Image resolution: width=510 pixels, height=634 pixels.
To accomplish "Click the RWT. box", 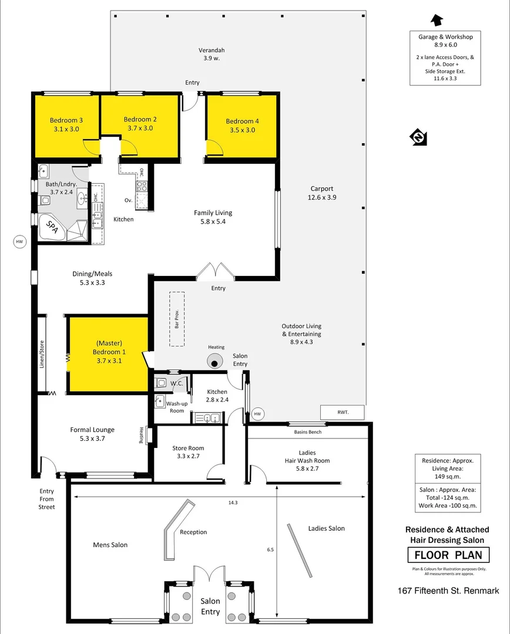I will pos(343,413).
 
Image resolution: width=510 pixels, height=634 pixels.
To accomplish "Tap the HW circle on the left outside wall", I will pos(19,241).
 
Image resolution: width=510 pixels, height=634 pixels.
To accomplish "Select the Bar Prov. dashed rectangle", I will pos(176,319).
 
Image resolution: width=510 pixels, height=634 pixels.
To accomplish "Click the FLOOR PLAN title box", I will pos(448,555).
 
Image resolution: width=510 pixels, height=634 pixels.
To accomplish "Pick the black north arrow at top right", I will pos(437,21).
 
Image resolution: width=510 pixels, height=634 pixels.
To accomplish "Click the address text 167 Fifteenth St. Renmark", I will pos(448,591).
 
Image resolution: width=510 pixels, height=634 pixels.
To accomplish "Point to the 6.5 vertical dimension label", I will pos(270,549).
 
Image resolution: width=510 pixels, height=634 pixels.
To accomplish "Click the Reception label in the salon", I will pos(193,532).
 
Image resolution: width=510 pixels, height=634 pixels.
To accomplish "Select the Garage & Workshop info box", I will pos(445,58).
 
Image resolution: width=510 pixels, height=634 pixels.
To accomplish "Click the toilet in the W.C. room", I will pos(162,383).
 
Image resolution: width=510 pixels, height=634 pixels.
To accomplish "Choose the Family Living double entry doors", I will pos(214,271).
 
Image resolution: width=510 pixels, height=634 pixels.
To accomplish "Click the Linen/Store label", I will pos(42,354).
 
